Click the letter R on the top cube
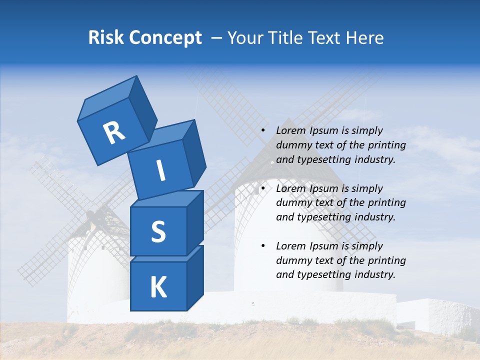click(114, 133)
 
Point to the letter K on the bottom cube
click(158, 287)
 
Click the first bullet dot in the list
click(263, 131)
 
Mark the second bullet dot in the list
click(263, 189)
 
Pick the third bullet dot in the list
click(263, 246)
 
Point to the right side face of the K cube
click(195, 277)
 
